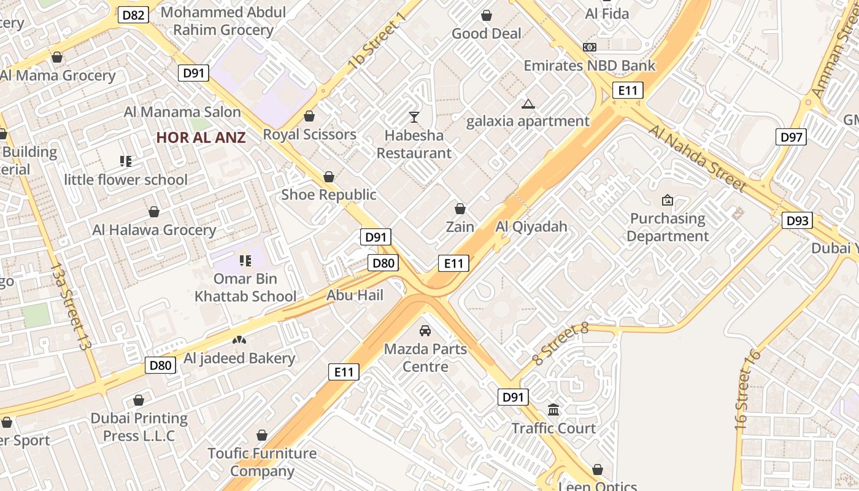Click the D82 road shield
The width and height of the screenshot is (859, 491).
coord(133,15)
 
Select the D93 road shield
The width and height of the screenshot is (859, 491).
coord(797,220)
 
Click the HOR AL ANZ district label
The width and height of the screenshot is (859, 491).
coord(201,137)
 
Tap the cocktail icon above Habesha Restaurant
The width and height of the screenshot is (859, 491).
coord(414,117)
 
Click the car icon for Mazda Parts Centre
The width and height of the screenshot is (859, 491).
coord(425,331)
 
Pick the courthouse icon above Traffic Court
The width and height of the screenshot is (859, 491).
coord(553,409)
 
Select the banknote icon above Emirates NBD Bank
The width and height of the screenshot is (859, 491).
coord(589,47)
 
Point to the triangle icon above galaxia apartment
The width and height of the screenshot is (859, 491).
coord(528,104)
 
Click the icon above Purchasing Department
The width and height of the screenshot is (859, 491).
coord(668,200)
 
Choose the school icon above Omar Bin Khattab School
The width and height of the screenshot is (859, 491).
coord(245,261)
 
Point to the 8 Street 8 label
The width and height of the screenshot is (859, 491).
coord(561,345)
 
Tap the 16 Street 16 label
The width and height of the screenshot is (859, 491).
coord(747,389)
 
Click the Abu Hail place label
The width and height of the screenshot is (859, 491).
coord(355,295)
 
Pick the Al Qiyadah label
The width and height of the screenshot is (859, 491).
coord(531,227)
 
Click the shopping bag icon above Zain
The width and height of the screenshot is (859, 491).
coord(460,209)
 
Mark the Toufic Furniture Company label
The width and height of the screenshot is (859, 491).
coord(262,462)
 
